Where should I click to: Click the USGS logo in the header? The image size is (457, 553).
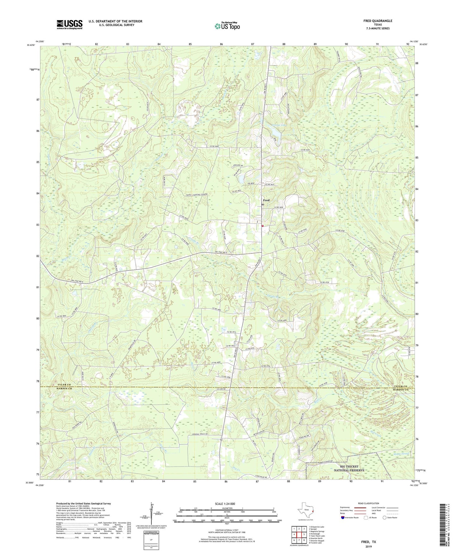[x=70, y=24]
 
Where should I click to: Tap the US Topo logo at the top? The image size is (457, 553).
[x=227, y=26]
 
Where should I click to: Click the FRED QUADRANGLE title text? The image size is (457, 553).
[x=378, y=21]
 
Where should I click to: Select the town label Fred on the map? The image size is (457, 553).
[x=266, y=200]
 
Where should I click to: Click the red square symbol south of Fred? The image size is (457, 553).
[x=262, y=226]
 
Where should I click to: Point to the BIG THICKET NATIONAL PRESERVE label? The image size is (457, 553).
[x=349, y=468]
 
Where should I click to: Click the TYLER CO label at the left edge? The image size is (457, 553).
[x=53, y=385]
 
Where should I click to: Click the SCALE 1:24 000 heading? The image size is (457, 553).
[x=227, y=504]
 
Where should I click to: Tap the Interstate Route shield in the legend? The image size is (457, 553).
[x=343, y=518]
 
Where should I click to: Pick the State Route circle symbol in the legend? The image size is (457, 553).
[x=384, y=518]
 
